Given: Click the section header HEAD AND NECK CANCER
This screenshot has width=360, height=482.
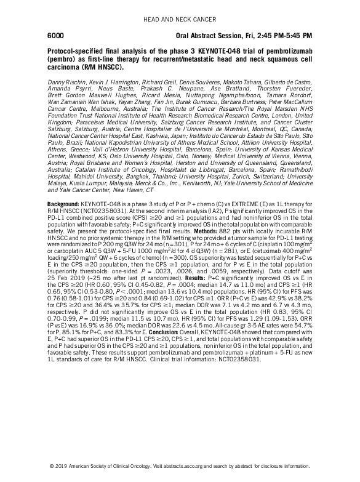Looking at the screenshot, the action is click(x=180, y=20).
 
